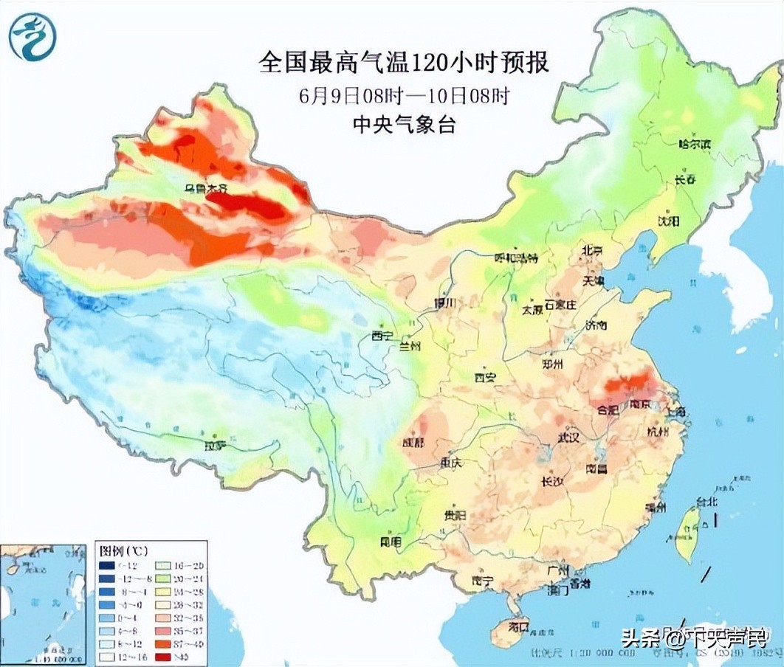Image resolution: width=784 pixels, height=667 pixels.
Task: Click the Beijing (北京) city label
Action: [592, 251]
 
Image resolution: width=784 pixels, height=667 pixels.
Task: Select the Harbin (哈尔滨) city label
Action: [694, 144]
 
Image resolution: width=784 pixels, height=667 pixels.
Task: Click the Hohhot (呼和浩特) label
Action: [516, 258]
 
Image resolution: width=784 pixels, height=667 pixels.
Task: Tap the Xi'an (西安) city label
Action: [485, 378]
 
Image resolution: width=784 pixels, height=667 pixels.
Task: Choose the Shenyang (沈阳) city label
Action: [667, 221]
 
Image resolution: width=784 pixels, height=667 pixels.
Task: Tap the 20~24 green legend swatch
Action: [159, 579]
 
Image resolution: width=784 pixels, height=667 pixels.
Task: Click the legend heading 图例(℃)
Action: [123, 550]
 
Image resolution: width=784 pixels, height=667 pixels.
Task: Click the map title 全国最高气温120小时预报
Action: [404, 63]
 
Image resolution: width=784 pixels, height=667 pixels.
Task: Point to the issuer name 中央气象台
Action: [404, 124]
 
